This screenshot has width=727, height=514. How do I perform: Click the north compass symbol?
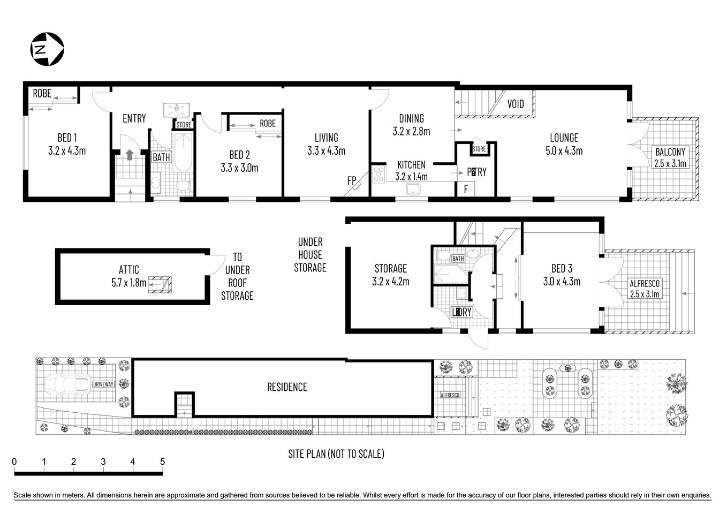[47, 49]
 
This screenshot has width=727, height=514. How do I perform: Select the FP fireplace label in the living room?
[351, 181]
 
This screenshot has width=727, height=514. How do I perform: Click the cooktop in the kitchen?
[379, 175]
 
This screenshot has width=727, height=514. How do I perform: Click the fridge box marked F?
[466, 189]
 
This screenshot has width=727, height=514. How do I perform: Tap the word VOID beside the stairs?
[516, 104]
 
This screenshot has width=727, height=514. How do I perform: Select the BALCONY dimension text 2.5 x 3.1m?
[670, 164]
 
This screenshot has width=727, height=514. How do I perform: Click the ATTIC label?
[129, 270]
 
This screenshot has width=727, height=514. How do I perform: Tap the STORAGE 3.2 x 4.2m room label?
[390, 274]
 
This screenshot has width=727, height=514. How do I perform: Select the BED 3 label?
[565, 268]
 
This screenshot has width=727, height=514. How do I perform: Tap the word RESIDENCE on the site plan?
[287, 387]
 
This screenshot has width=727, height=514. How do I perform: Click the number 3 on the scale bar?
[103, 462]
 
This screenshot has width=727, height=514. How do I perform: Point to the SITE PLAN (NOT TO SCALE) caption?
[336, 454]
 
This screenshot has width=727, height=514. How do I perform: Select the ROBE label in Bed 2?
[267, 123]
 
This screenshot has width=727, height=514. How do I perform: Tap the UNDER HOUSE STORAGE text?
[310, 255]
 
